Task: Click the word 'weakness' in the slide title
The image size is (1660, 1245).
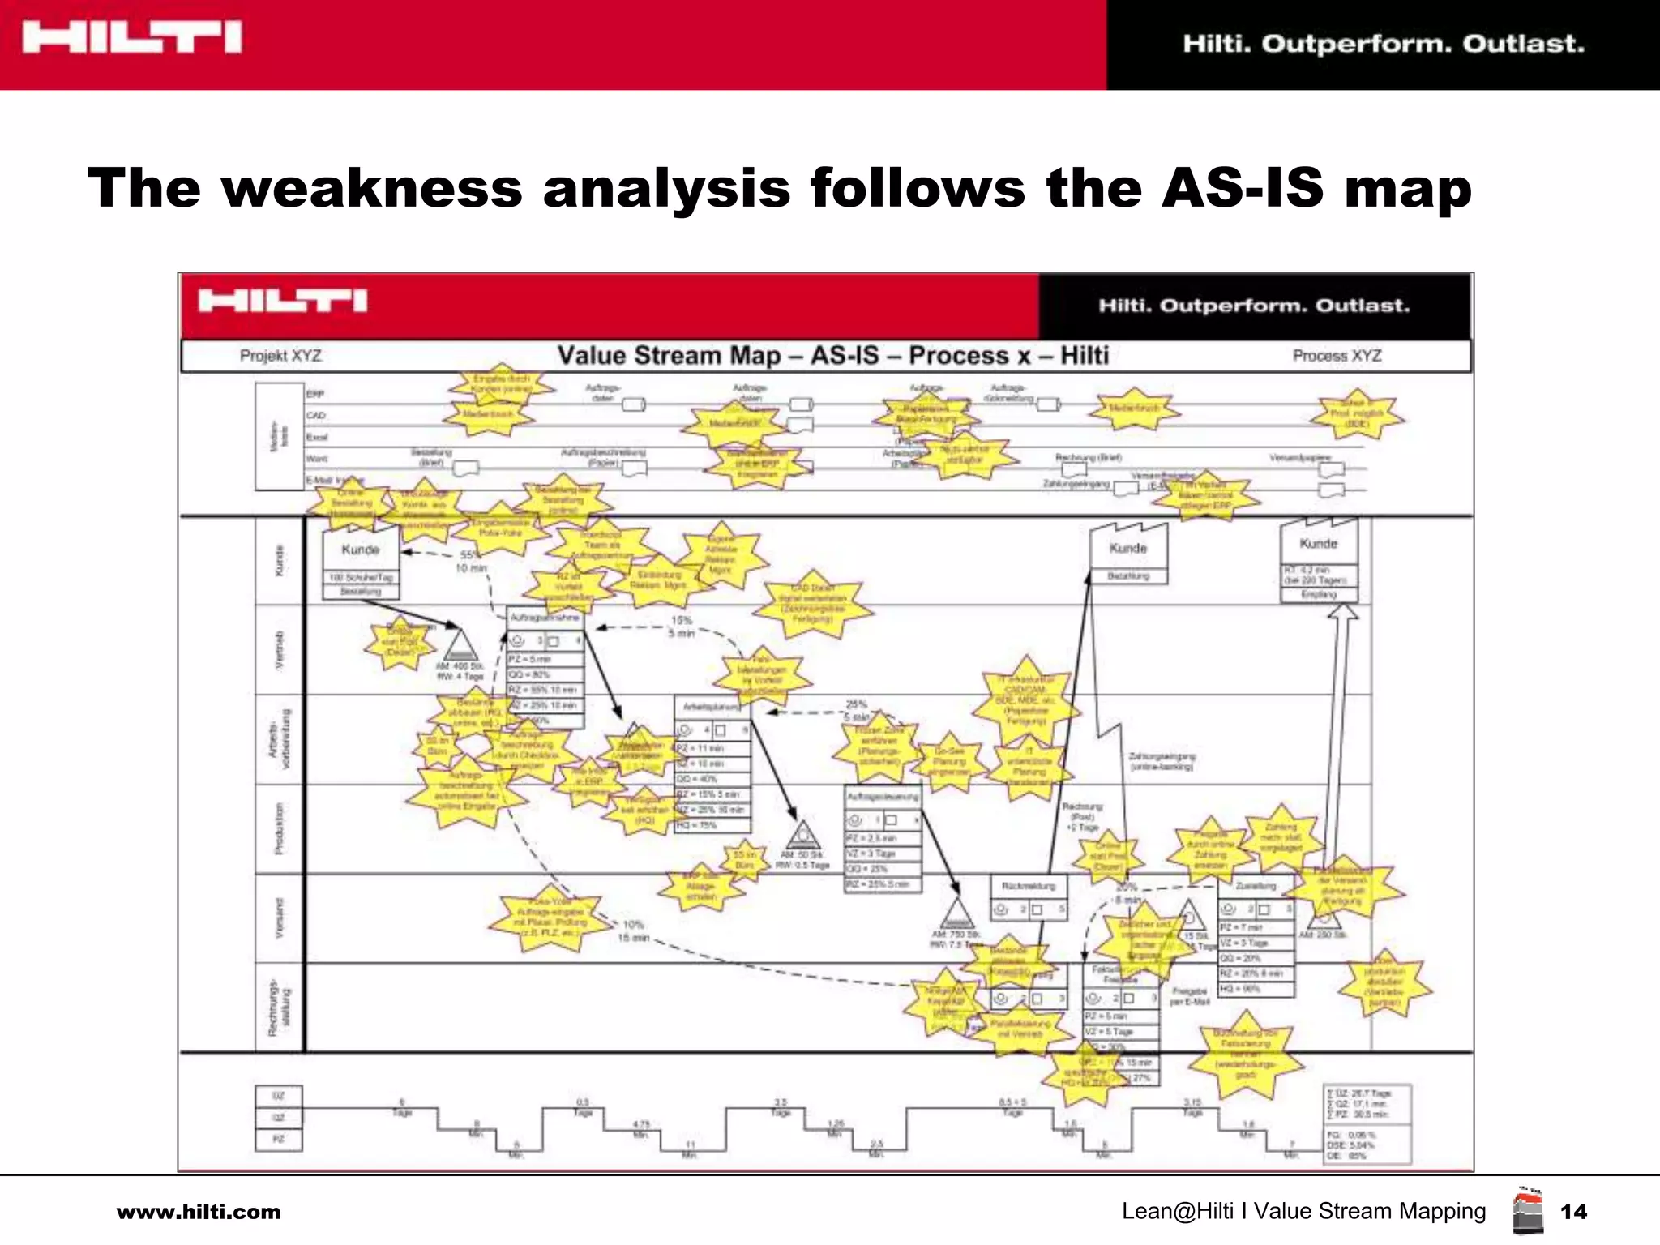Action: click(x=370, y=188)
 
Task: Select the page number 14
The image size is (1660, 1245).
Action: click(x=1573, y=1212)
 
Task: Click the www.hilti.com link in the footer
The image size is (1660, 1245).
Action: click(x=199, y=1213)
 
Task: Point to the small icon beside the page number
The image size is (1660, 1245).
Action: click(x=1528, y=1211)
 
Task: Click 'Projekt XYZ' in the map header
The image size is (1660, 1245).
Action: click(x=280, y=356)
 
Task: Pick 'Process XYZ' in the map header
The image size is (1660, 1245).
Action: click(x=1337, y=356)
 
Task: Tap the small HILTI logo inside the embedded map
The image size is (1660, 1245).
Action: click(x=283, y=302)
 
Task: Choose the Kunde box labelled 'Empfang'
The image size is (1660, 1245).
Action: click(x=1319, y=544)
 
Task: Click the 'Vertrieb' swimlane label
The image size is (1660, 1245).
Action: click(x=280, y=649)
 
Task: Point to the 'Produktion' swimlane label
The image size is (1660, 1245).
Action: click(x=280, y=828)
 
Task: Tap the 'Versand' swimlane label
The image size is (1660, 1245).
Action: click(x=280, y=918)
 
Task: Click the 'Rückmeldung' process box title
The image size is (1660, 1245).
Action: click(x=1029, y=887)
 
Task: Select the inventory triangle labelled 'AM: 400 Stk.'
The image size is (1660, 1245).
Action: click(x=460, y=646)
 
